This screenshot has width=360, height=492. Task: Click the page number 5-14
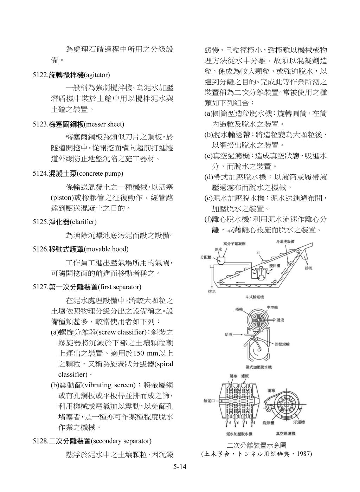point(179,467)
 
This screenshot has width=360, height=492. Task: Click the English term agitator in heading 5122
point(97,75)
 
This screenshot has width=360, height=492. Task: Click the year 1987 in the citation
point(303,454)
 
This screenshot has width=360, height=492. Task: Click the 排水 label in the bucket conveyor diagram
point(212,291)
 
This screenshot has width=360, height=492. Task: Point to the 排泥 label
point(308,268)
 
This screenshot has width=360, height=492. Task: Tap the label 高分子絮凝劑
point(234,243)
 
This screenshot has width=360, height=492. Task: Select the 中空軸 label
point(272,307)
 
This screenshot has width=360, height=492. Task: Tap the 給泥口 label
point(210,401)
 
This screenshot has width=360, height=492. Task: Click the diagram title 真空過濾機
point(285,433)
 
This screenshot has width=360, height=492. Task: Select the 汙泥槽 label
point(299,421)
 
